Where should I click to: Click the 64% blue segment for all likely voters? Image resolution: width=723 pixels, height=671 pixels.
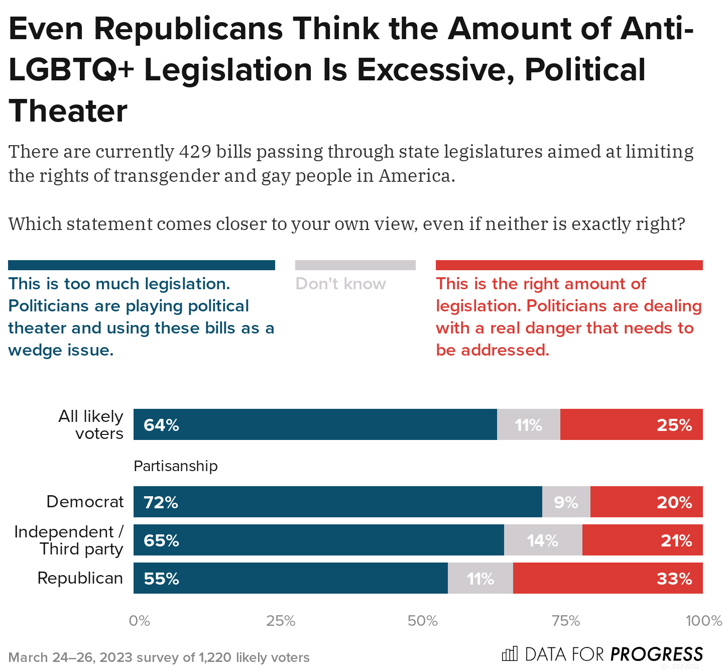[x=315, y=424]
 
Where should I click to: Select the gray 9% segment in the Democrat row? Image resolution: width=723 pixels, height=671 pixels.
[x=566, y=502]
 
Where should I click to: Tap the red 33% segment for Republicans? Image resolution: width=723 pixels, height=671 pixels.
[x=608, y=578]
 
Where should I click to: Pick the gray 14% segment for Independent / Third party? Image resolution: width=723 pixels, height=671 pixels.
[x=543, y=540]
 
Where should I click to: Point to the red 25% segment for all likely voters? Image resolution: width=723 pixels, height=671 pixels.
[x=631, y=424]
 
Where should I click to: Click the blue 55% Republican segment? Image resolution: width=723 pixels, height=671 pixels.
[x=290, y=578]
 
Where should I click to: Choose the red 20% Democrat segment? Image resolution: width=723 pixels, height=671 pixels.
[x=646, y=502]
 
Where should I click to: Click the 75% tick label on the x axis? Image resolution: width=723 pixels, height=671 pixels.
[x=566, y=621]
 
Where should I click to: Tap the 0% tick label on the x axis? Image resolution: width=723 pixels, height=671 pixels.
[x=139, y=621]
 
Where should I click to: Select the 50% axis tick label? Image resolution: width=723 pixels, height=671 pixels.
[x=423, y=621]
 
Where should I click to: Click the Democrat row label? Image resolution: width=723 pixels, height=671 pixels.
[x=85, y=502]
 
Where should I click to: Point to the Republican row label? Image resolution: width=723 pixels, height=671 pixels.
[x=80, y=578]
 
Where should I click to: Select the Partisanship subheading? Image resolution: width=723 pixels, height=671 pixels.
[x=176, y=466]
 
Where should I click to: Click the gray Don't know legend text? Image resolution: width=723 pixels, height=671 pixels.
[x=340, y=284]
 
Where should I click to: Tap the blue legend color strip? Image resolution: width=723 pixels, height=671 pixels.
[x=142, y=265]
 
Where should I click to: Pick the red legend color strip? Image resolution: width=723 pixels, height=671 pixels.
[x=569, y=265]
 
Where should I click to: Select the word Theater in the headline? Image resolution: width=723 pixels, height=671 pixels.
[x=68, y=111]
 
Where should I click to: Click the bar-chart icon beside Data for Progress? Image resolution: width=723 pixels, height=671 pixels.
[x=510, y=653]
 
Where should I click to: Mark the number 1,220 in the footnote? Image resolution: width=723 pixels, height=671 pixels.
[x=215, y=657]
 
